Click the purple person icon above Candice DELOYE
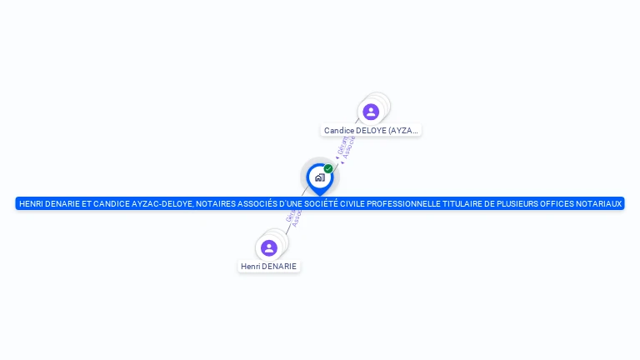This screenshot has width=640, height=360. coord(371,112)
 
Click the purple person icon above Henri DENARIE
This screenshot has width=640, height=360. coord(269,247)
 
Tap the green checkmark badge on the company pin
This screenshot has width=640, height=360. coord(328,169)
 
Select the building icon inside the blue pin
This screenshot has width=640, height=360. coord(319,177)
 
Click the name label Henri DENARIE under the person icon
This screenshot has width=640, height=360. coord(268,267)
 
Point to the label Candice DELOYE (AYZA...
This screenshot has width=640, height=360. coord(371,131)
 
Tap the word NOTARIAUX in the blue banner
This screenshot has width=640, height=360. coord(600,203)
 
